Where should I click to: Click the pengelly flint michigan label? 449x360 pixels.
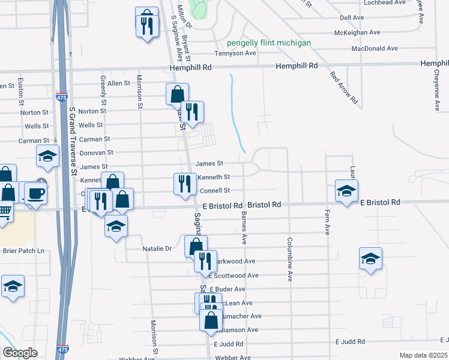[x=269, y=43]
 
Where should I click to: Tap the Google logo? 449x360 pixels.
[x=20, y=353]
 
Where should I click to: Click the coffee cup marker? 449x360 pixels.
[x=35, y=193]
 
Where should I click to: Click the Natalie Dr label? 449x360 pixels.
[x=157, y=248]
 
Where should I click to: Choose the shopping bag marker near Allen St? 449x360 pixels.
[x=177, y=94]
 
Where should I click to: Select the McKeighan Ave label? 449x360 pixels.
[x=358, y=32]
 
